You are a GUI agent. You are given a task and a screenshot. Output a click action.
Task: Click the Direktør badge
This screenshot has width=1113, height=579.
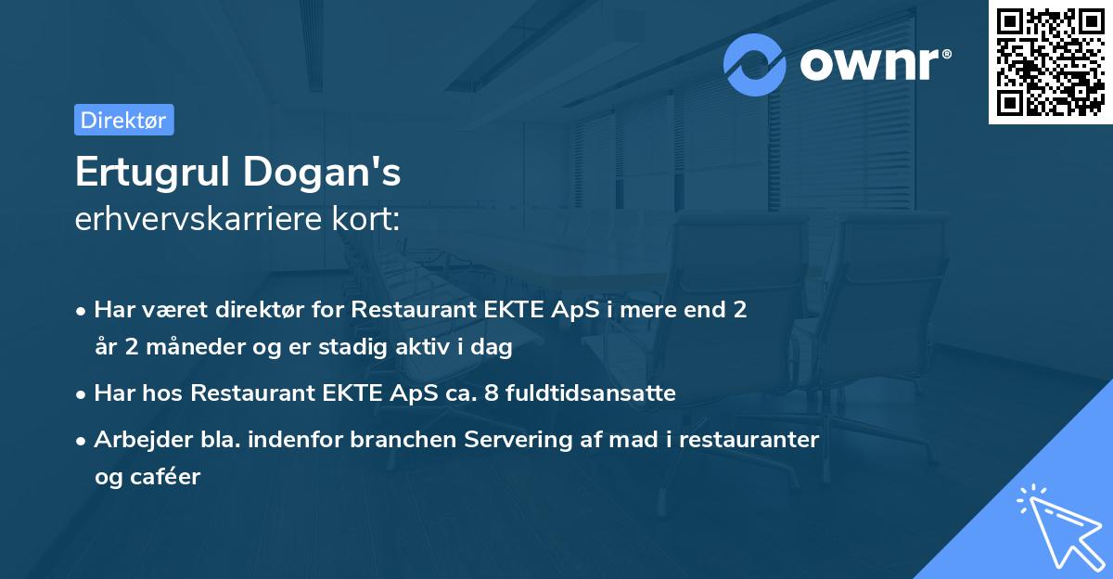pos(123,120)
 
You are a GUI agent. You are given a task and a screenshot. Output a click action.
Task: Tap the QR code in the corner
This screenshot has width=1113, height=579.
pos(1050,62)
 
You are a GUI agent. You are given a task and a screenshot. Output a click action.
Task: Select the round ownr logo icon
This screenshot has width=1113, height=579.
pos(756,64)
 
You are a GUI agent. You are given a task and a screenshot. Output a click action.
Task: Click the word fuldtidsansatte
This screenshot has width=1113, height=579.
pos(608,393)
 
